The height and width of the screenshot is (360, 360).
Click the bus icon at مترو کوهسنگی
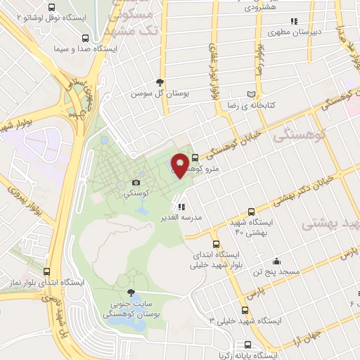(195, 159)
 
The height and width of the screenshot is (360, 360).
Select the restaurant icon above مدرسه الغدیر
(181, 207)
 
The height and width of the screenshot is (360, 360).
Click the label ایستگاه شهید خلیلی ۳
(245, 320)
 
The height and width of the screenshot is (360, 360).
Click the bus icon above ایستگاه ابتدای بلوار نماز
(48, 271)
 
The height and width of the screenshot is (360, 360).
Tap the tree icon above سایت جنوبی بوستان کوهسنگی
(129, 292)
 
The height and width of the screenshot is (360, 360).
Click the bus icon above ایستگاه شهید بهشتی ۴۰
(252, 211)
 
